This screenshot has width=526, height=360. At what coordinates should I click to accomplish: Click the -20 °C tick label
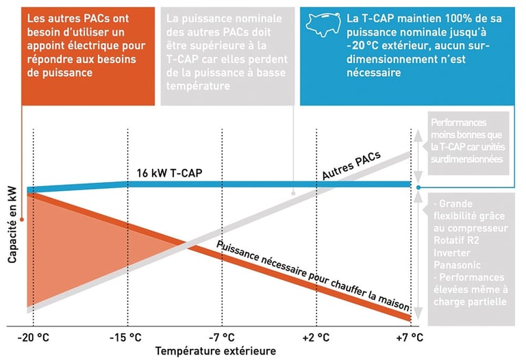click(x=34, y=337)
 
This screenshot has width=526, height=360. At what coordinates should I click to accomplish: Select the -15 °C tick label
click(x=127, y=337)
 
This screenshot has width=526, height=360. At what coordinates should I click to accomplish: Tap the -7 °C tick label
click(x=221, y=337)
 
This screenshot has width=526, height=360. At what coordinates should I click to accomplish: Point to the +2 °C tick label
click(x=316, y=337)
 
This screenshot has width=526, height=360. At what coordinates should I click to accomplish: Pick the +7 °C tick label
click(x=410, y=337)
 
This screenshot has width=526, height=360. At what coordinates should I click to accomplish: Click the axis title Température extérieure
click(x=216, y=351)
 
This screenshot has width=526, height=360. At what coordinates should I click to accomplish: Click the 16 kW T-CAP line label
click(x=166, y=172)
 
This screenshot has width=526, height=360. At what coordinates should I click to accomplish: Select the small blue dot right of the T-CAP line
click(x=418, y=186)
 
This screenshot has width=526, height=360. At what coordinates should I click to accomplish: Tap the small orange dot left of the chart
click(x=23, y=220)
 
